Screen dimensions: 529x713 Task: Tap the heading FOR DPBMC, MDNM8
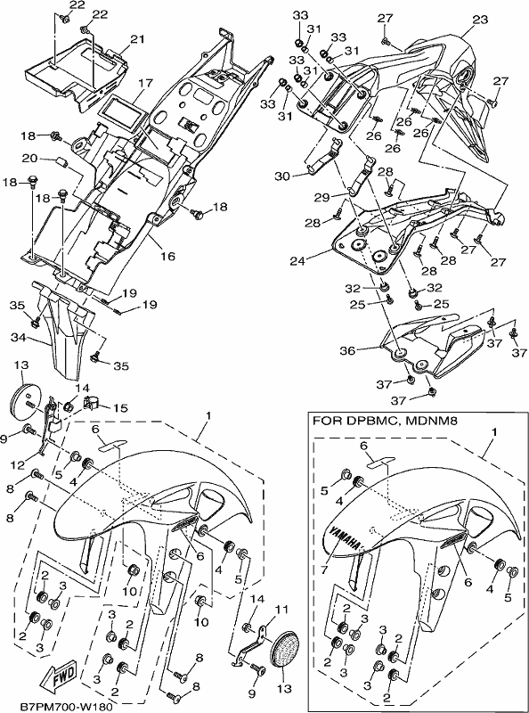coord(385,422)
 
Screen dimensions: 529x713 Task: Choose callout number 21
coord(136,39)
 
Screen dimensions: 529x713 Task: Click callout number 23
coord(480,20)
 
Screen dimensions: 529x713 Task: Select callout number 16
coord(167,256)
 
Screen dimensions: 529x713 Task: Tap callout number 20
coord(30,159)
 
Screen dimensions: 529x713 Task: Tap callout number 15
coord(120,407)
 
